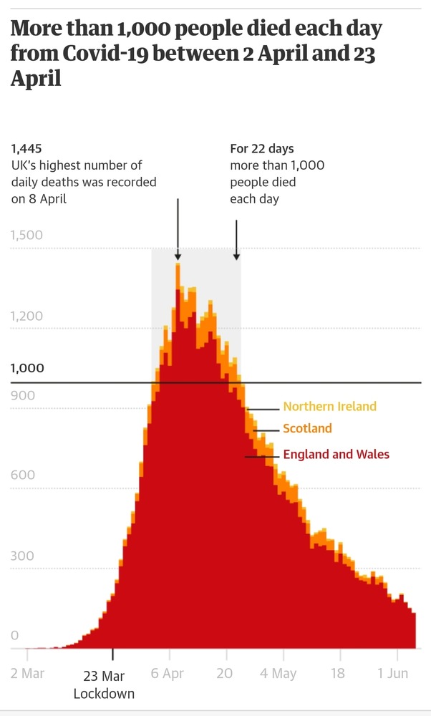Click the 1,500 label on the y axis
(x=27, y=236)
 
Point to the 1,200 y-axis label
(x=27, y=316)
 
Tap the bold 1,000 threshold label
(x=27, y=368)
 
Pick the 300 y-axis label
(x=23, y=556)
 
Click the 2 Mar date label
(x=27, y=674)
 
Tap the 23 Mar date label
(x=104, y=677)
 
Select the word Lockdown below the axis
(x=104, y=693)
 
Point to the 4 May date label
(x=278, y=674)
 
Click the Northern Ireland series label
(x=329, y=407)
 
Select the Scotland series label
(x=307, y=428)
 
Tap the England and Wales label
(x=336, y=454)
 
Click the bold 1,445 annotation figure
(x=27, y=149)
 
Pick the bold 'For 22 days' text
(x=262, y=149)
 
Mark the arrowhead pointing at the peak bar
(x=178, y=256)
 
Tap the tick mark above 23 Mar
(x=112, y=654)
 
